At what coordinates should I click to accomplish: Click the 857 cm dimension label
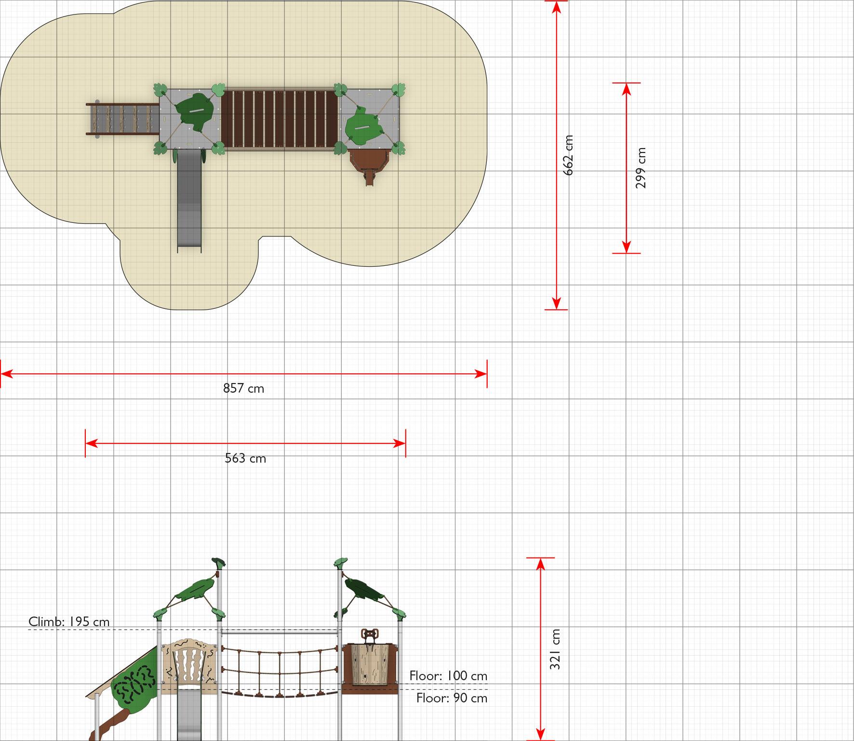click(x=243, y=388)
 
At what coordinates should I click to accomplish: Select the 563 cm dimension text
click(x=245, y=458)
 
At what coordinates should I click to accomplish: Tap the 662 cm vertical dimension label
click(x=568, y=155)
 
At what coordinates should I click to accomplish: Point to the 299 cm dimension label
click(x=640, y=168)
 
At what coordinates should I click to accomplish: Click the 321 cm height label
click(x=555, y=649)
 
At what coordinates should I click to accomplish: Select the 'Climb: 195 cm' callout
click(x=69, y=621)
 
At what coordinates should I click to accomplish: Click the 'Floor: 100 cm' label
click(x=448, y=676)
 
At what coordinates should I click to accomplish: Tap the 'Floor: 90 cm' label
click(x=452, y=698)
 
